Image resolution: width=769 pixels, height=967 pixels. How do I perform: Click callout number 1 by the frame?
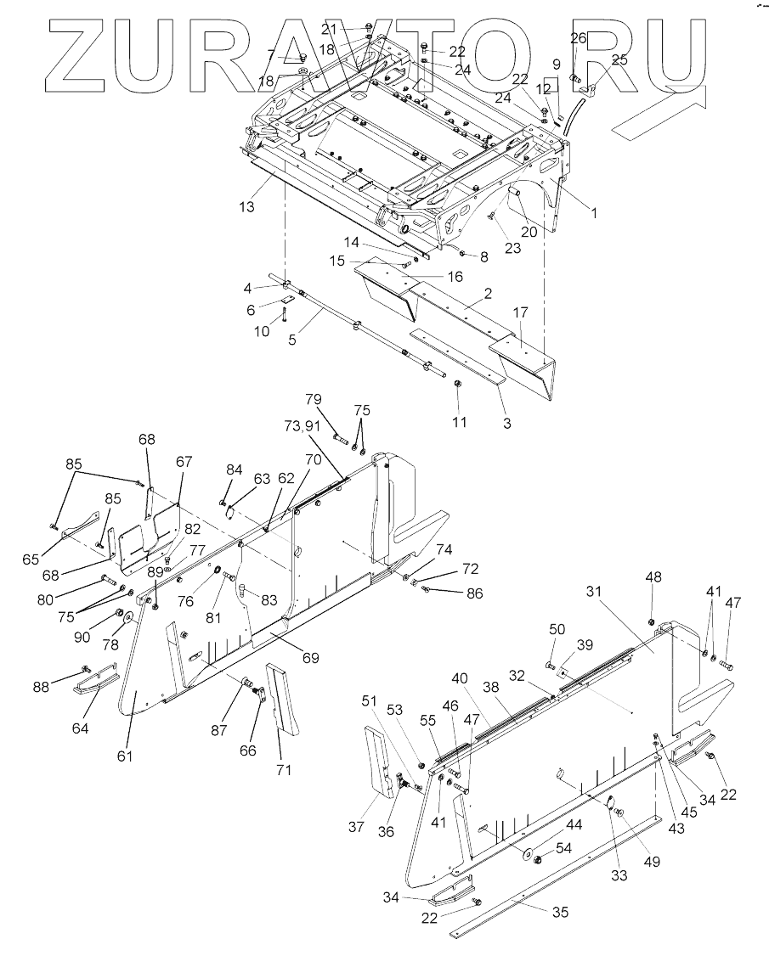pos(594,214)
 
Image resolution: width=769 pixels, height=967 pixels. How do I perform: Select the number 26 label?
pos(578,38)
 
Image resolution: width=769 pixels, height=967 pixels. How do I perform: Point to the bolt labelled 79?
pos(340,438)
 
